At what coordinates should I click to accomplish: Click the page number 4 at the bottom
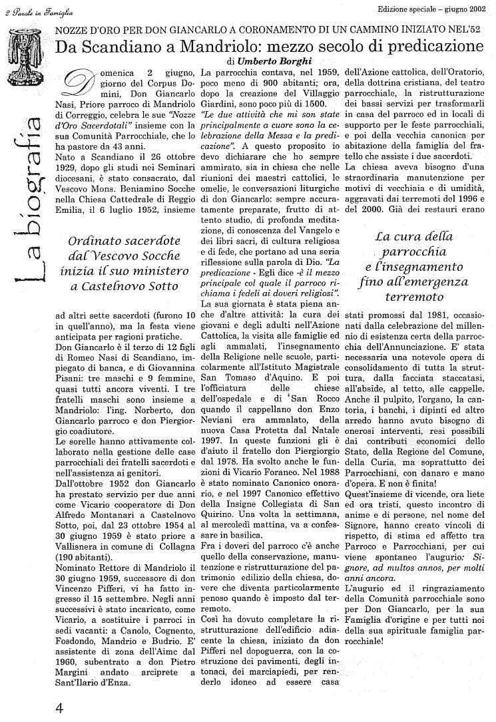pyautogui.click(x=59, y=707)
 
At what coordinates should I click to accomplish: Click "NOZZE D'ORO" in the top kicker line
pyautogui.click(x=89, y=31)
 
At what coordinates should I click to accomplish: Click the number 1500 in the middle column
pyautogui.click(x=313, y=104)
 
